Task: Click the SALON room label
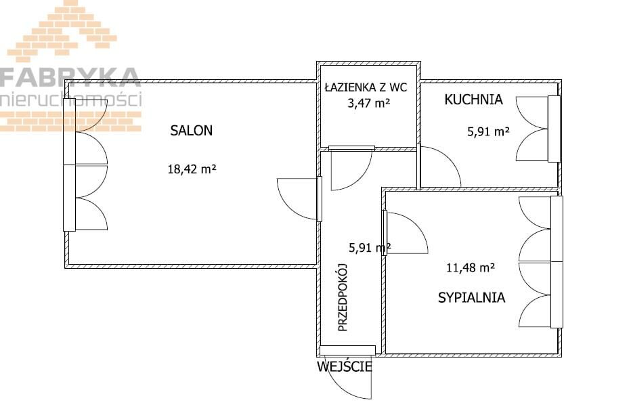coord(191,131)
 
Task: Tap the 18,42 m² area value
coord(192,169)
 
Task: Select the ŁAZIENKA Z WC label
coord(366,87)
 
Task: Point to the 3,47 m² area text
coord(368,104)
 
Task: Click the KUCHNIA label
coord(474,100)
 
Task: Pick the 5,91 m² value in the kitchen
coord(489,131)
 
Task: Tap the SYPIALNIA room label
coord(471,297)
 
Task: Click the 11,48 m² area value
coord(471,267)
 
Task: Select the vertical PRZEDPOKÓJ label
coord(343,297)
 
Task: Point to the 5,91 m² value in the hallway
coord(370,248)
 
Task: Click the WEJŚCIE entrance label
coord(345,367)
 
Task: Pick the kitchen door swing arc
coord(450,158)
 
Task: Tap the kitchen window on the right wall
coord(554,129)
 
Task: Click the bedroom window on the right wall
coord(557,262)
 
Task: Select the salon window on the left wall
coord(69,165)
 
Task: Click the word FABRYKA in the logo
coord(69,78)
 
